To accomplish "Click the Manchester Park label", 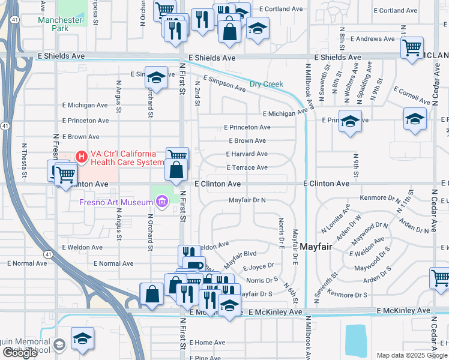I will [59, 24].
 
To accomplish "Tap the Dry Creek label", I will [266, 84].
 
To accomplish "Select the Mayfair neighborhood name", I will [316, 247].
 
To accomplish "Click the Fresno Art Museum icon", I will [161, 203].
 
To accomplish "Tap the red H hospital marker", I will [81, 157].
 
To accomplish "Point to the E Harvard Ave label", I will [246, 154].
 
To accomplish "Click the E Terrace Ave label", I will [246, 167].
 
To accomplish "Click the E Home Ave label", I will [207, 343].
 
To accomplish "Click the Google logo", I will [20, 353].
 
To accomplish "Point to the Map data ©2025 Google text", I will [411, 355].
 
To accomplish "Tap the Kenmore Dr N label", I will [379, 197].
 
